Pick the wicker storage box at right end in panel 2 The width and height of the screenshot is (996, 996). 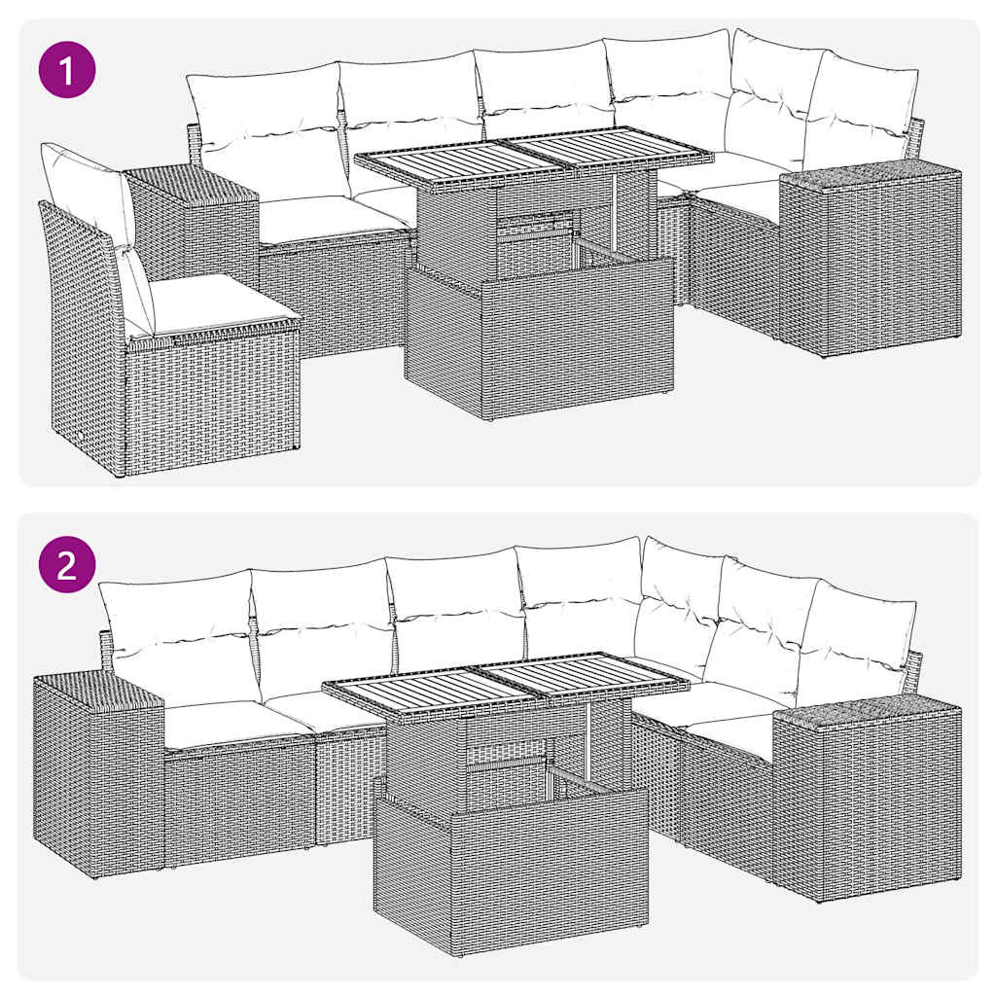coord(866,798)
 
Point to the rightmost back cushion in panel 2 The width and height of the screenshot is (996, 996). coord(856,642)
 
